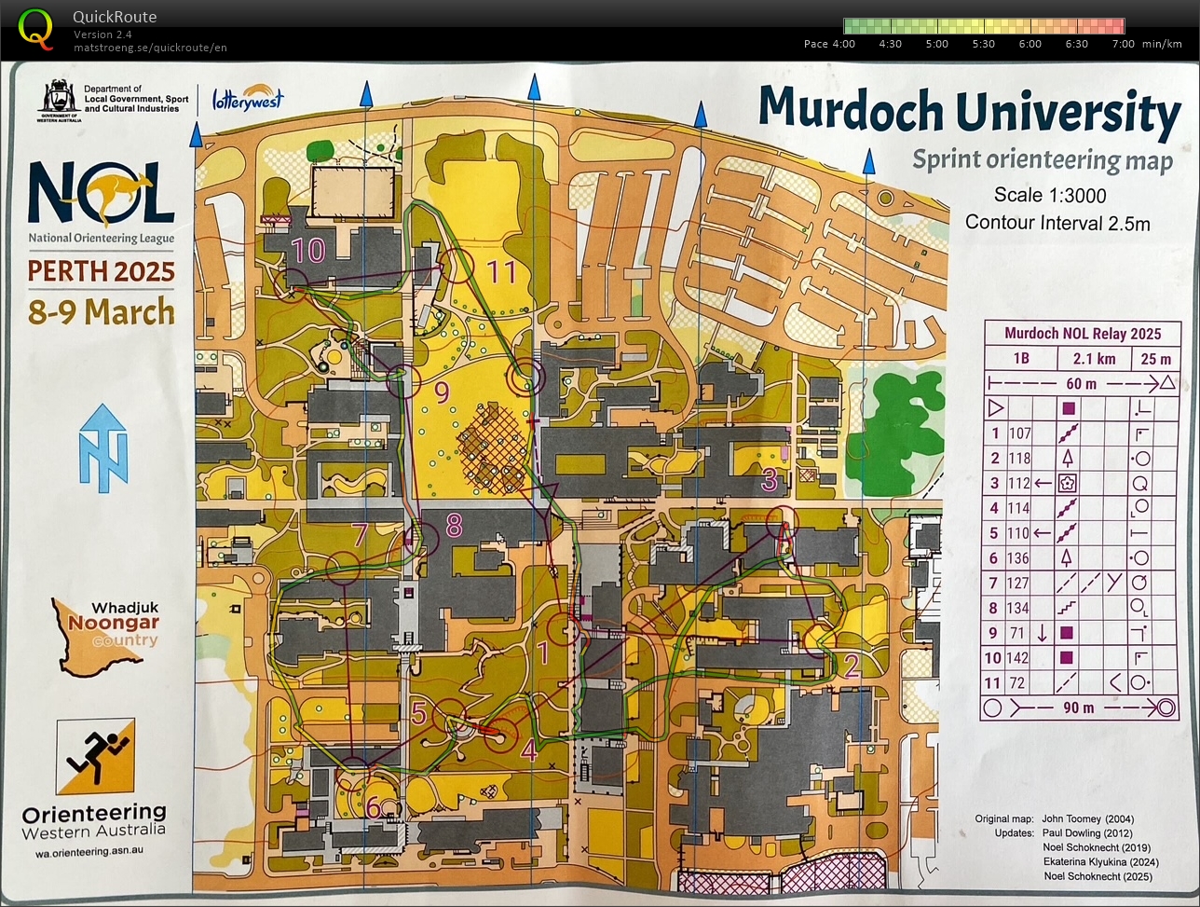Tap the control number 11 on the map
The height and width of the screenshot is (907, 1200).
pyautogui.click(x=501, y=271)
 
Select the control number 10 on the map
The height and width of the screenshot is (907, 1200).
pyautogui.click(x=307, y=249)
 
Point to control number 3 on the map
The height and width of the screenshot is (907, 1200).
pyautogui.click(x=769, y=480)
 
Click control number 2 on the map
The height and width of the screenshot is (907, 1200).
pyautogui.click(x=850, y=664)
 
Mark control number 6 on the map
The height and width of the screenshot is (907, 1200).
pyautogui.click(x=373, y=806)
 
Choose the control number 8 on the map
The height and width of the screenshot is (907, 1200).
pyautogui.click(x=454, y=526)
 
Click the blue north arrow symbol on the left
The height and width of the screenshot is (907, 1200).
pyautogui.click(x=102, y=448)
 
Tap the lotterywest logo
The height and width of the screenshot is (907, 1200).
pyautogui.click(x=247, y=98)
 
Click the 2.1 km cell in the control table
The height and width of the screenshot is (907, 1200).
pyautogui.click(x=1094, y=359)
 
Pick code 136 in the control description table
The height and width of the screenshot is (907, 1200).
pyautogui.click(x=1019, y=558)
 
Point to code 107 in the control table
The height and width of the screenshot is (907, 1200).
pyautogui.click(x=1019, y=433)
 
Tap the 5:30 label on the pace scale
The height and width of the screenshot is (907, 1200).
pyautogui.click(x=983, y=44)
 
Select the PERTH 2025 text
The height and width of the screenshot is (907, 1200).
pyautogui.click(x=101, y=271)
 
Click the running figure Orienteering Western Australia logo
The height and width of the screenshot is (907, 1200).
pyautogui.click(x=94, y=756)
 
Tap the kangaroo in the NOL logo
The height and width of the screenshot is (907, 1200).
pyautogui.click(x=121, y=190)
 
